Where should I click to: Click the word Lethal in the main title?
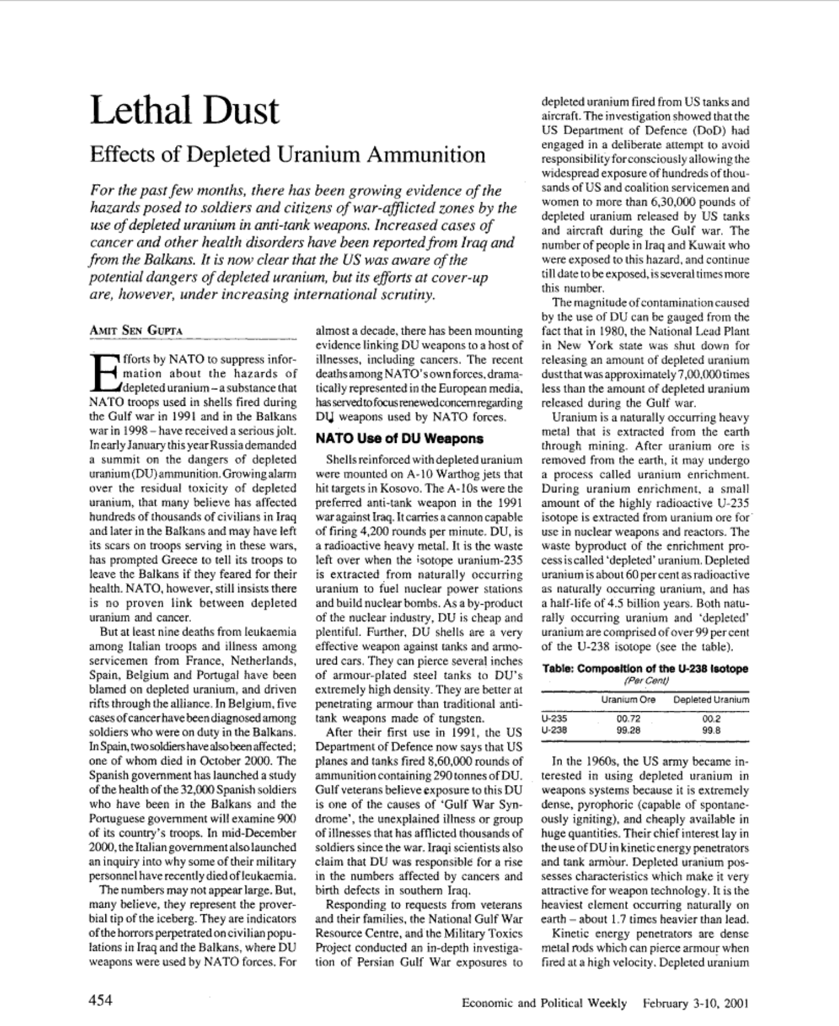point(140,110)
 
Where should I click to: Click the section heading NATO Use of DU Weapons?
point(399,439)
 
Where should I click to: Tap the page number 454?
point(101,1000)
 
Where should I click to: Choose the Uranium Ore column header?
point(628,699)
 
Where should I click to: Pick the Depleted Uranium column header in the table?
point(711,699)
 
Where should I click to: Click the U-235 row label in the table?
point(555,719)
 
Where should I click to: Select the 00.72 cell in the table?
point(628,719)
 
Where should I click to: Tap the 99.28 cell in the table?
point(628,729)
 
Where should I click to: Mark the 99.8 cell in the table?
point(711,729)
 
